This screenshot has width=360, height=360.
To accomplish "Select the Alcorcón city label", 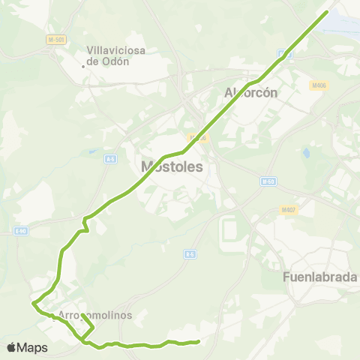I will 251,93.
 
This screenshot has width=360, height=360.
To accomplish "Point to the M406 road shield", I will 318,85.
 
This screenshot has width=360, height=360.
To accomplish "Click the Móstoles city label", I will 172,166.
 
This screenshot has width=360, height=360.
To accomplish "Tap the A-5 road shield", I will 110,159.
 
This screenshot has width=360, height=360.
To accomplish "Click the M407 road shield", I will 289,210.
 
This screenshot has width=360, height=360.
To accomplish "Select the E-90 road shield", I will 20,231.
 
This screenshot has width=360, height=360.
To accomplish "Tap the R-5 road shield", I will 190,255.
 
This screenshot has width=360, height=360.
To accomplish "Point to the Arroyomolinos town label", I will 95,316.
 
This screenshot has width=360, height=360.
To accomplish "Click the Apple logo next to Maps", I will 11,347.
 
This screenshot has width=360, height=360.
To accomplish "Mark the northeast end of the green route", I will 327,11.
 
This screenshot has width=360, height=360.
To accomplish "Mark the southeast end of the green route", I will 198,342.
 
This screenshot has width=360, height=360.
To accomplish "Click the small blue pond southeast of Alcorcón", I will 306,154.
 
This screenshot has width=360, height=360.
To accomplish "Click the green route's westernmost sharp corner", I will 33,304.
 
